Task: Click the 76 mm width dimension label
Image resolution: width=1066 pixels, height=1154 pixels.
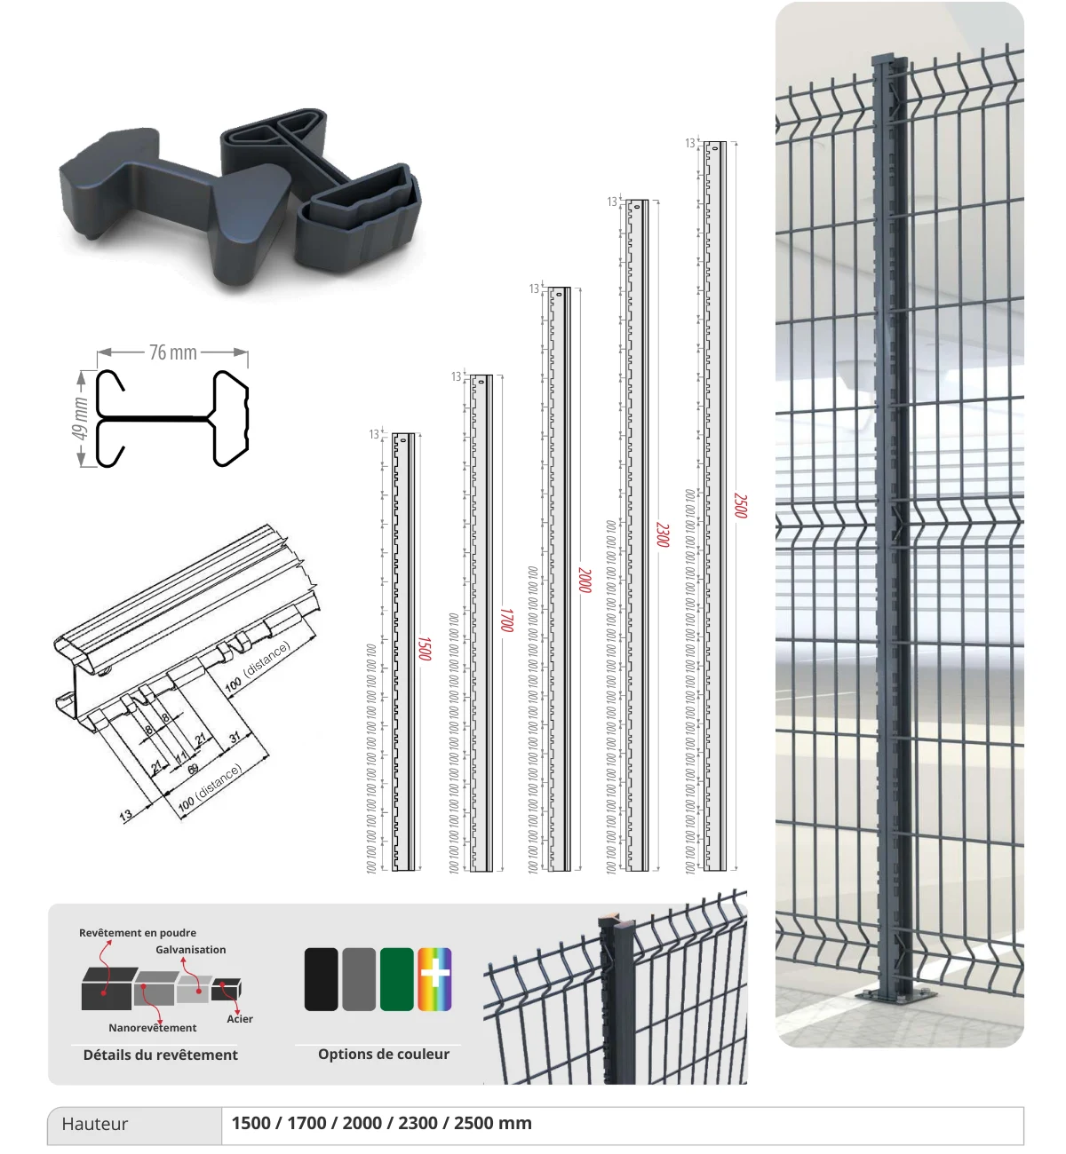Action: point(173,352)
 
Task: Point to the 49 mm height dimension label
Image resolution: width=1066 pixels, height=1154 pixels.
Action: point(81,418)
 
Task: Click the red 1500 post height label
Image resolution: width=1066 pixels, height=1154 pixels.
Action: point(425,649)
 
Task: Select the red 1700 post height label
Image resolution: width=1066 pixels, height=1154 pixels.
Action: point(506,620)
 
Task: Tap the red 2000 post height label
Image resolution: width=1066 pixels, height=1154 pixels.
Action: point(584,581)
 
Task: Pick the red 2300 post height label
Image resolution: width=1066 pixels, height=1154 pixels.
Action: point(662,534)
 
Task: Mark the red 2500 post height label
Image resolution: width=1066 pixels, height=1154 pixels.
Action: point(740,506)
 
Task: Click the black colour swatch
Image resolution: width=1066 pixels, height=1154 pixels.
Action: point(321,979)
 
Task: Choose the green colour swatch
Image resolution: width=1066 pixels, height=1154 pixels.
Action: point(397,979)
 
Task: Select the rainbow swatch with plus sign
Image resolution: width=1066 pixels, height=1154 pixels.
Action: point(434,979)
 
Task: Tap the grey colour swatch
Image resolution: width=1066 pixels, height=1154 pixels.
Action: point(359,979)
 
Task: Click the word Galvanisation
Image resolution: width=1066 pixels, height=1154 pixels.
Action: point(191,950)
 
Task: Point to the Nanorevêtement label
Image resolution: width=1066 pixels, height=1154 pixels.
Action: point(153,1028)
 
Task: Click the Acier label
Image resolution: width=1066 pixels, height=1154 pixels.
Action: point(240,1019)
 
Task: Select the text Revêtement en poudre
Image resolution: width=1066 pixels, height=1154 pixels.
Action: point(138,933)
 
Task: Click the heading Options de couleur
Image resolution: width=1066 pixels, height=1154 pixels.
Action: point(384,1055)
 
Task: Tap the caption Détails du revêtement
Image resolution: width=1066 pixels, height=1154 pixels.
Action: point(161,1055)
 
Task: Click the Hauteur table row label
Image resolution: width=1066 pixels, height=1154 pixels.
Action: point(95,1125)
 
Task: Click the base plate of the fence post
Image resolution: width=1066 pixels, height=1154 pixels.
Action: point(898,994)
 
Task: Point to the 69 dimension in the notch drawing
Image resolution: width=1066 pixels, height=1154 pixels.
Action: point(193,769)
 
